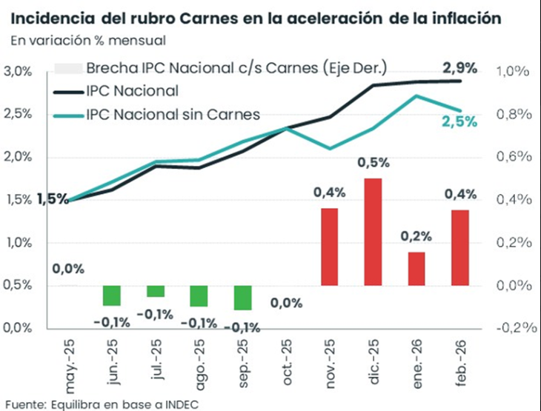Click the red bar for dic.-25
point(373,232)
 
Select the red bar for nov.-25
point(329,247)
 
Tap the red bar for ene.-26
point(416,268)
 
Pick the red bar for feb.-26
point(460,247)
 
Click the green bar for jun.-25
point(111,295)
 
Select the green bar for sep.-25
point(242,298)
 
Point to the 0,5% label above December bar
point(373,162)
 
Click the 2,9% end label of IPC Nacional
point(459,67)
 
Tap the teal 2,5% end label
point(461,122)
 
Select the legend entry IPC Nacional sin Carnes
point(173,114)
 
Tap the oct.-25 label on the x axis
point(286,360)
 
